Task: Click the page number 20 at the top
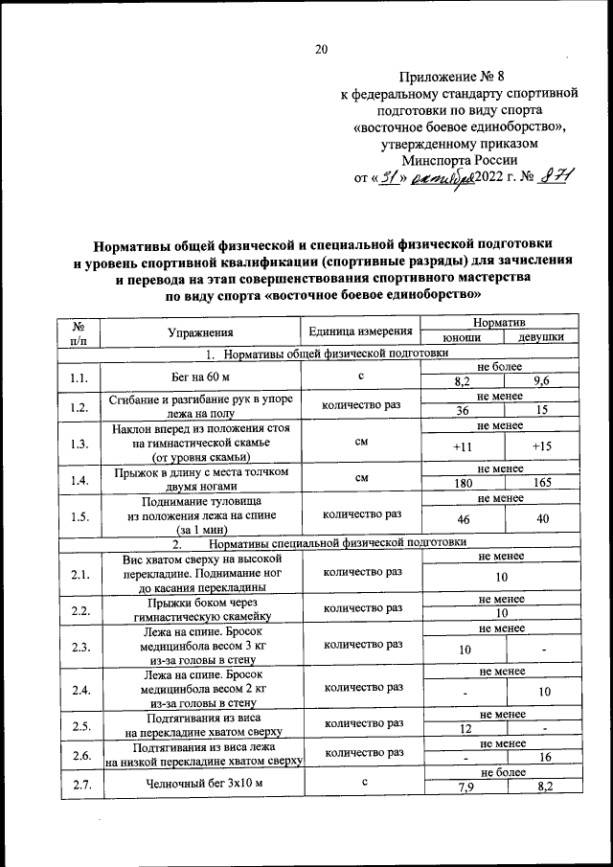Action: point(321,50)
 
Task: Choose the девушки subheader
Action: point(540,338)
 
